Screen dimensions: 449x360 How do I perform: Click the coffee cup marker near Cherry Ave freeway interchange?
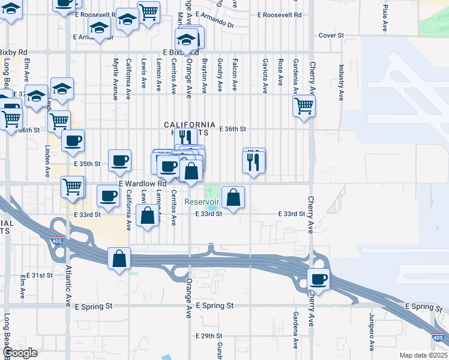pos(318,280)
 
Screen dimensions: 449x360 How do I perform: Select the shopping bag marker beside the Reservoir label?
pos(233,197)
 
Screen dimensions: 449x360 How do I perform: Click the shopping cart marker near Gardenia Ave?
pos(304,106)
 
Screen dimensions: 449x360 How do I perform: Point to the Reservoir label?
pos(203,202)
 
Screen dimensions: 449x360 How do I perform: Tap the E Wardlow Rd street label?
pos(137,184)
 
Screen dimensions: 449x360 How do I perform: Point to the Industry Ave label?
pos(341,82)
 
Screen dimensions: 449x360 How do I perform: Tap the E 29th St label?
pos(209,336)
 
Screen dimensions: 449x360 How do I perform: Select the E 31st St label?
pos(43,275)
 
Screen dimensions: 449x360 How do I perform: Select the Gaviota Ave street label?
pos(265,76)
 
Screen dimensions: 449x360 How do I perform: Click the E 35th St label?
pos(86,164)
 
